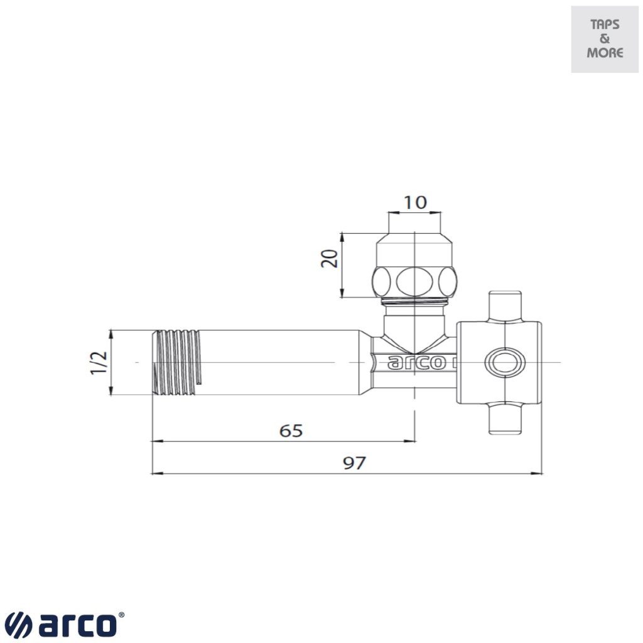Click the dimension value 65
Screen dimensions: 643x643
tap(291, 431)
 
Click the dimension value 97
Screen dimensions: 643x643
tap(354, 463)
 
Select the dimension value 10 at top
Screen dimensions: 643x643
tap(414, 202)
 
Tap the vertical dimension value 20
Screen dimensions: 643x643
tap(330, 258)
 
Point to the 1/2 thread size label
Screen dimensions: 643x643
tap(99, 363)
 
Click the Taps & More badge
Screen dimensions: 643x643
tap(605, 39)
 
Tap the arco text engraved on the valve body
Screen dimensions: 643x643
tap(414, 364)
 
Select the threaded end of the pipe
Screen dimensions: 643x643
tap(178, 362)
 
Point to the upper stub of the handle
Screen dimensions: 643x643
tap(505, 306)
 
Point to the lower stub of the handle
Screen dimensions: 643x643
tap(505, 419)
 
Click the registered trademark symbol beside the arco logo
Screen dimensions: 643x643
tap(121, 616)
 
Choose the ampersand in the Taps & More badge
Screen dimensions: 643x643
tap(605, 39)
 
